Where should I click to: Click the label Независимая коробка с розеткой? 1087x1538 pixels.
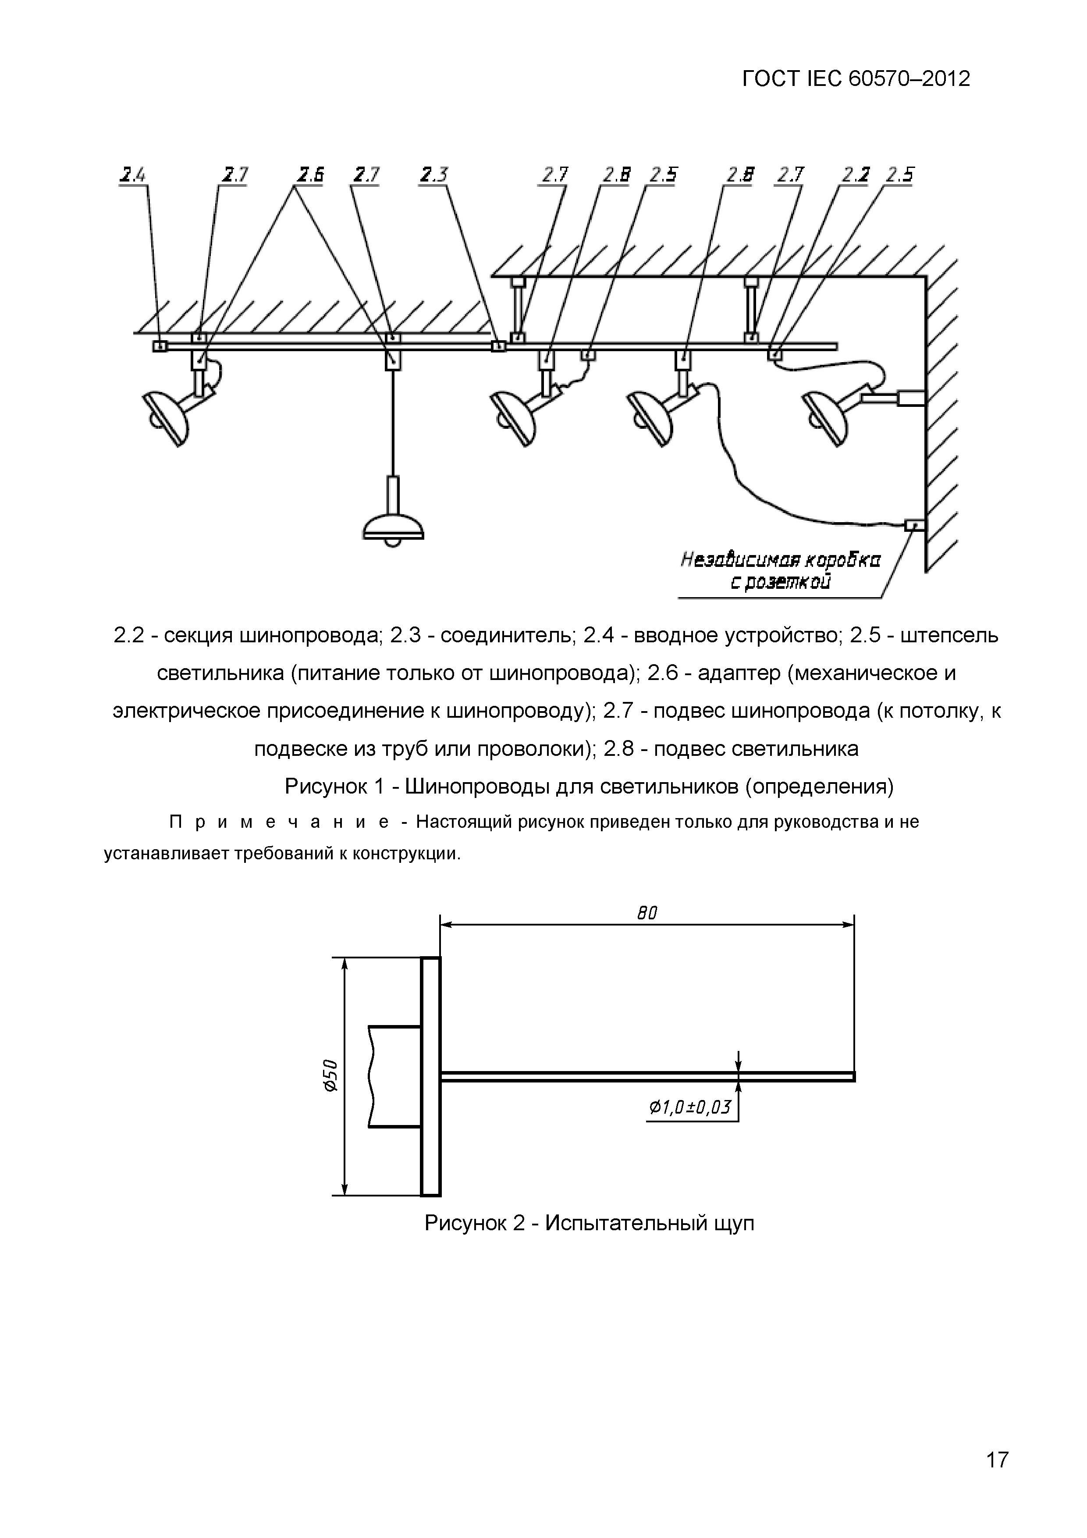pos(780,570)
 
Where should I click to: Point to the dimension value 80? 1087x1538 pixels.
pos(647,912)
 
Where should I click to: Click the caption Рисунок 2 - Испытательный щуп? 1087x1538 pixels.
pos(589,1222)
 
